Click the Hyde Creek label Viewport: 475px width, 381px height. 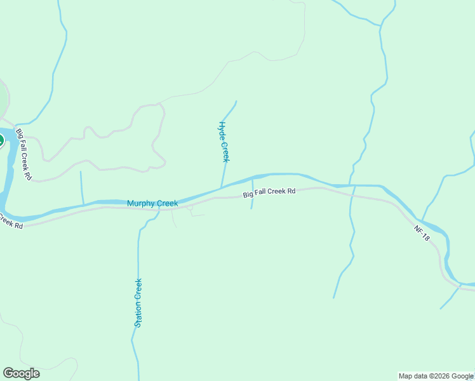(224, 142)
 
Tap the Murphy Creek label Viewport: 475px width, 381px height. (152, 203)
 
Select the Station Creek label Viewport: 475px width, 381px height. (138, 303)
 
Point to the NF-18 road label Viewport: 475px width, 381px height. (422, 233)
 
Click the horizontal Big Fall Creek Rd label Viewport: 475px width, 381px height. (270, 192)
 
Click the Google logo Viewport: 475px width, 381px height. (21, 373)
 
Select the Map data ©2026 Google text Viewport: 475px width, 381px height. (436, 376)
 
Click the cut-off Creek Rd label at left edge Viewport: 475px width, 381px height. (11, 222)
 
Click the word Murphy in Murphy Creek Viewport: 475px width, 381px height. (141, 203)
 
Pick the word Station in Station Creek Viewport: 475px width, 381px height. (137, 314)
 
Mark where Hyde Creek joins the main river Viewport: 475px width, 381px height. (221, 188)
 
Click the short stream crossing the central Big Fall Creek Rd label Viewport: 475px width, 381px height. (253, 194)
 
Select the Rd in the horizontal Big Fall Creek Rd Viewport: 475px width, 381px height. (291, 190)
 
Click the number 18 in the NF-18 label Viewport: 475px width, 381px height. (426, 237)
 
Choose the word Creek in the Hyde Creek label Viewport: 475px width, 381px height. (225, 151)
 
